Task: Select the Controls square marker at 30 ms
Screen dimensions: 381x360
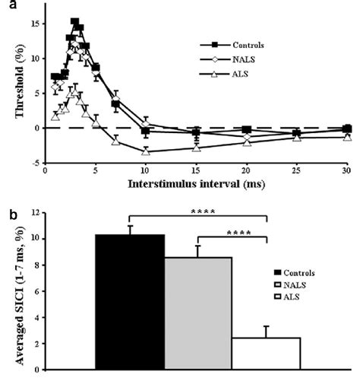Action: tap(347, 129)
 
